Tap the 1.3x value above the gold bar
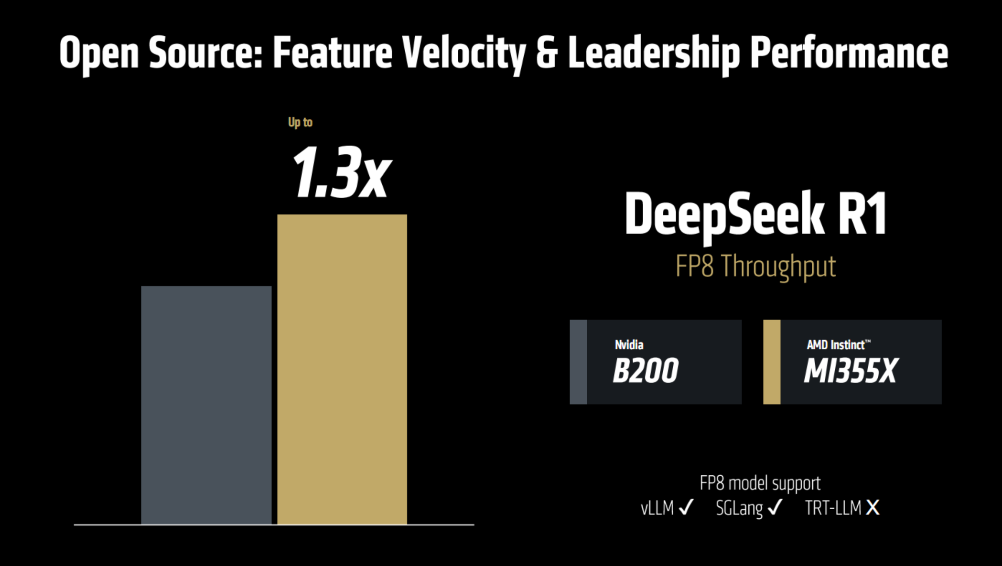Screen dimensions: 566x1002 (341, 172)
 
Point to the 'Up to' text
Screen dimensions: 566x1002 (300, 122)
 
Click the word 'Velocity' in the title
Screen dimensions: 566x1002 (463, 53)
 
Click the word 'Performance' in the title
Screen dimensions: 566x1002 (849, 53)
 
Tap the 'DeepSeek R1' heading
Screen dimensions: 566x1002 (756, 214)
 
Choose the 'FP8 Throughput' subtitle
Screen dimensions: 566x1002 (755, 266)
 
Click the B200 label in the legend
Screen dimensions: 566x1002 (646, 371)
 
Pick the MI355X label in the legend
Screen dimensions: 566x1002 (851, 371)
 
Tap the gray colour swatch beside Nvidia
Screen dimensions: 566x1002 (578, 362)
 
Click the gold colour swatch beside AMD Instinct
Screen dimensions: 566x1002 (772, 362)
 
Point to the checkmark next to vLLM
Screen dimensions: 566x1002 (686, 507)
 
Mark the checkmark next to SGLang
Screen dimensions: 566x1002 (775, 507)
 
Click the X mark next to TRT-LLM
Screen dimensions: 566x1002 (873, 507)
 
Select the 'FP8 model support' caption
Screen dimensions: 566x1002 (760, 483)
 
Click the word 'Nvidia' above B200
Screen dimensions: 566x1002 (629, 345)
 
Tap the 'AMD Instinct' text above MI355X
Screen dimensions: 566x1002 (836, 345)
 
